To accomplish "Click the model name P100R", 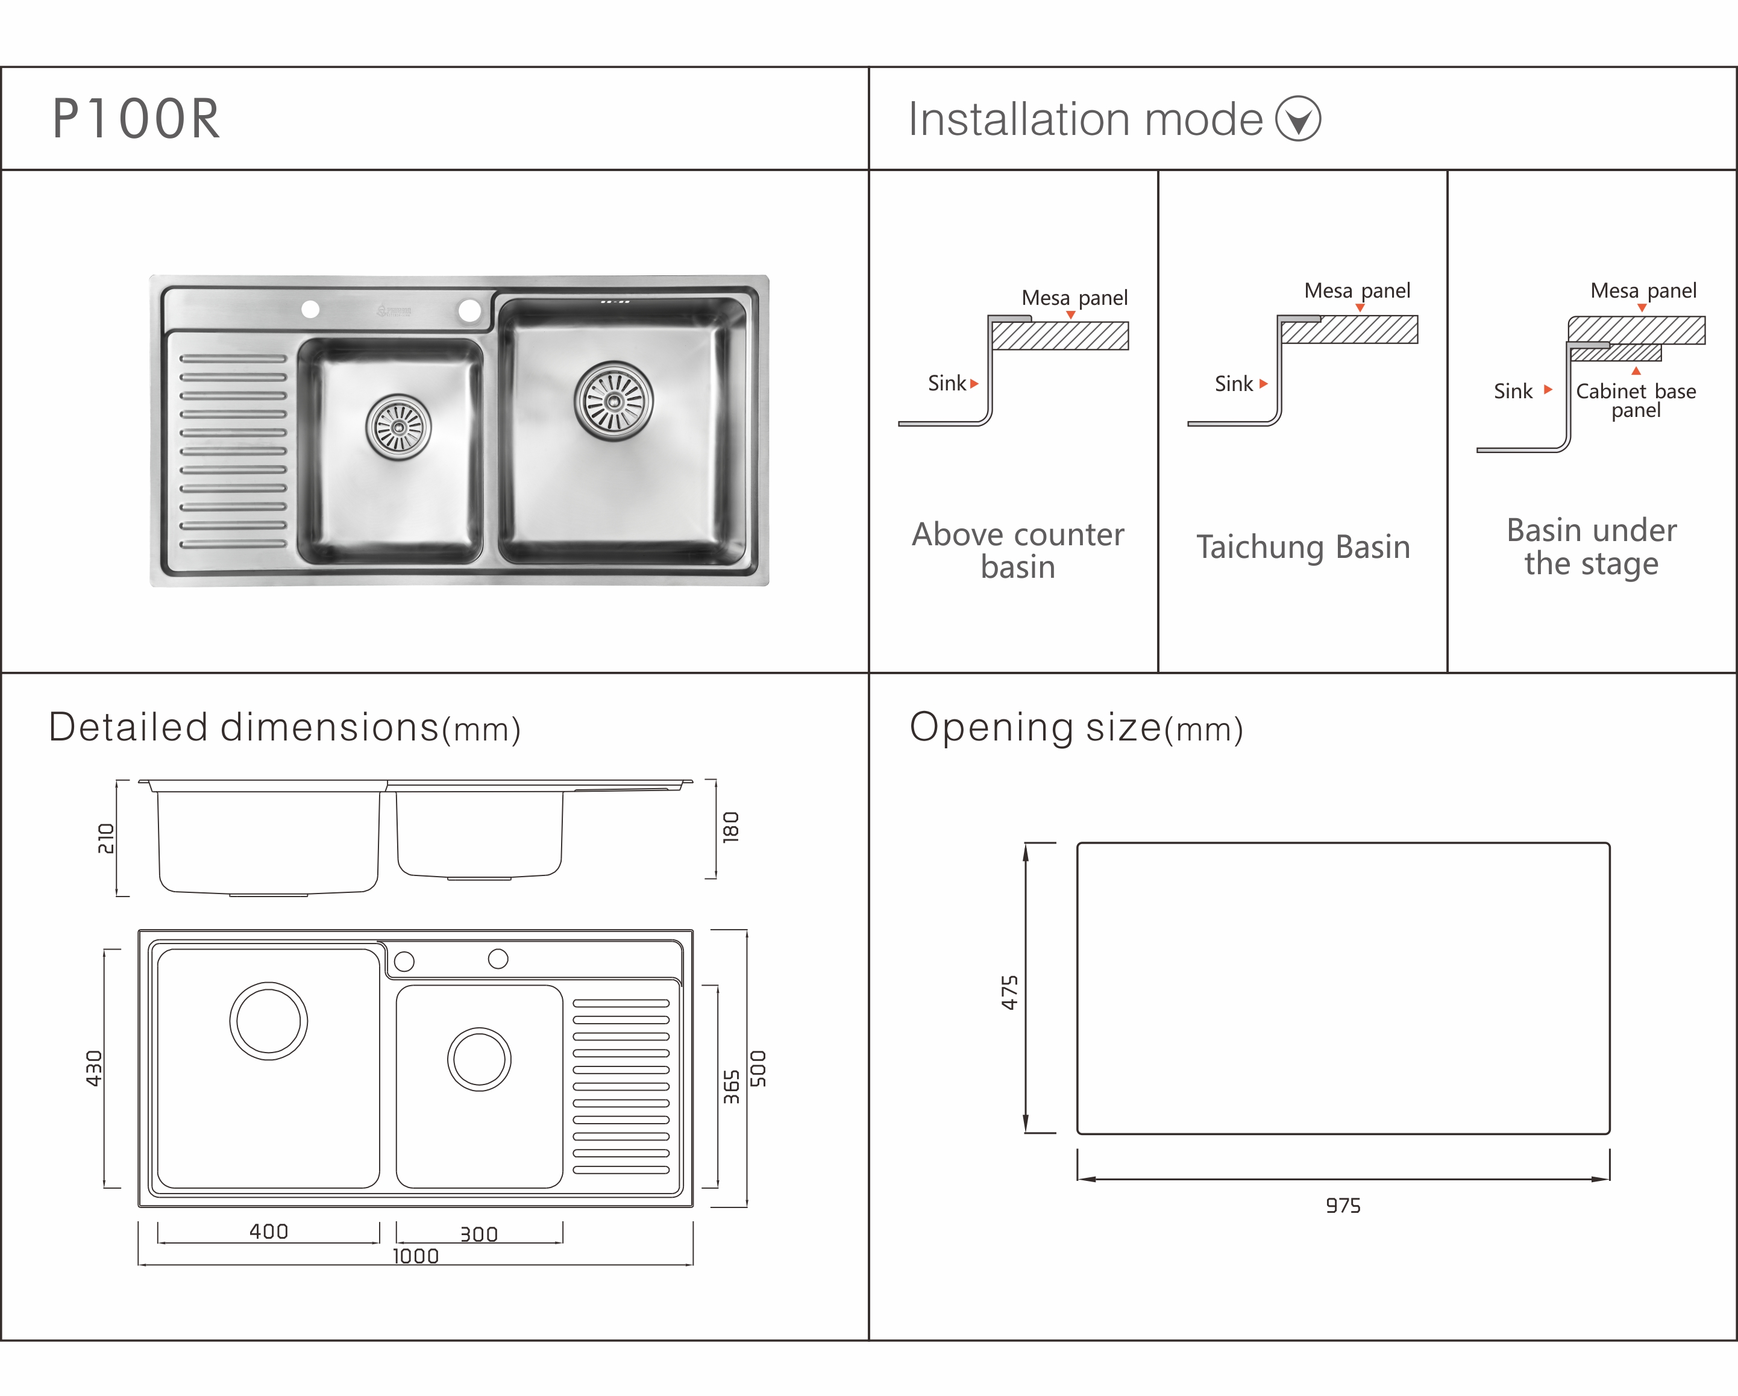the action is pos(136,119).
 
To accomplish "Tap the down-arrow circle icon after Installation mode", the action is pos(1298,119).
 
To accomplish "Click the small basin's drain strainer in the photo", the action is pos(398,427).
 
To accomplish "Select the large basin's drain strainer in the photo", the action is pos(613,401).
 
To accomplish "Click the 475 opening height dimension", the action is pos(1009,992).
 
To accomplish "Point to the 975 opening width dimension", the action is pos(1343,1206).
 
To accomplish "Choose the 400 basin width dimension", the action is pos(268,1232).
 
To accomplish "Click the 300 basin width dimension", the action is pos(479,1234).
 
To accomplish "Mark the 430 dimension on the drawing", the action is pos(95,1068).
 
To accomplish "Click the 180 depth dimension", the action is pos(730,828).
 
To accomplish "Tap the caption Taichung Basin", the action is pos(1303,547).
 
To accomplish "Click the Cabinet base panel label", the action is pos(1636,401).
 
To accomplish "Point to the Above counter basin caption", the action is pos(1018,551).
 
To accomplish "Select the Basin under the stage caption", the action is pos(1592,547).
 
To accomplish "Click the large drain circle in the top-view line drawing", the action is pos(268,983).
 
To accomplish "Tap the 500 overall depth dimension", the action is pos(759,1068).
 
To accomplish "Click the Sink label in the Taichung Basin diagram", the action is pos(1234,384).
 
